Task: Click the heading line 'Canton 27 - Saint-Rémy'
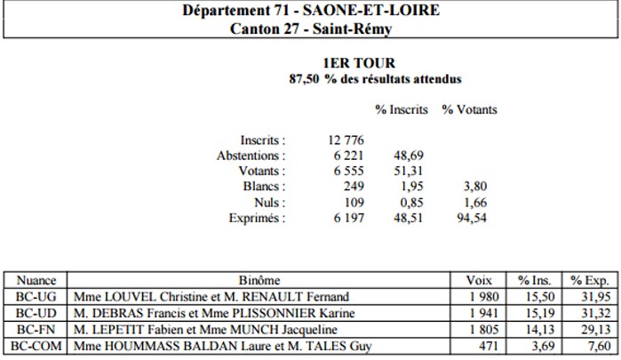tap(311, 29)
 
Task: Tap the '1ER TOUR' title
tap(359, 63)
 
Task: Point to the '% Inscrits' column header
tap(402, 109)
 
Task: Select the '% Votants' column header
tap(469, 109)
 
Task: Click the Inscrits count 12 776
tap(346, 140)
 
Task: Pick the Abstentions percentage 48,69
tap(409, 156)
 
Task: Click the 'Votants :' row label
tap(262, 171)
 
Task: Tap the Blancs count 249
tap(354, 187)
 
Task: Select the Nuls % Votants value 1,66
tap(475, 203)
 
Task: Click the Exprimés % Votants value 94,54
tap(472, 218)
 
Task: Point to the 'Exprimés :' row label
tap(257, 218)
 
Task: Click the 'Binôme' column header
tap(259, 281)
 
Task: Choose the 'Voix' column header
tap(479, 281)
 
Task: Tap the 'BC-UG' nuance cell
tap(36, 297)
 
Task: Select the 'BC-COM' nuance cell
tap(36, 346)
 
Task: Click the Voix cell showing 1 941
tap(484, 313)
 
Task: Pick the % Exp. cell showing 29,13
tap(596, 330)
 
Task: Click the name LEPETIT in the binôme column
tap(117, 330)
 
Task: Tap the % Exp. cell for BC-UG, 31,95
tap(596, 297)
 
